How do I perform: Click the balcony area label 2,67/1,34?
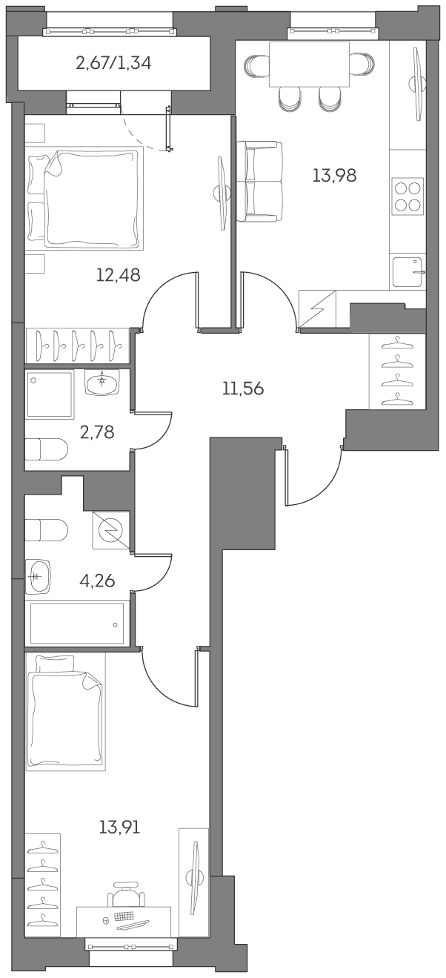[x=113, y=63]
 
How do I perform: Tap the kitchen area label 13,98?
[x=334, y=176]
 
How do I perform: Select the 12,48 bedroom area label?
[x=118, y=275]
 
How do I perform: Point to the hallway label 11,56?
[x=243, y=388]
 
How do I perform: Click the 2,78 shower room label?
[x=97, y=432]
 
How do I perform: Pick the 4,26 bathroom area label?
[x=97, y=580]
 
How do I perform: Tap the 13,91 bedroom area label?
[x=119, y=826]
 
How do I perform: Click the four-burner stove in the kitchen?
[x=407, y=196]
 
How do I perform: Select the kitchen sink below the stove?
[x=407, y=271]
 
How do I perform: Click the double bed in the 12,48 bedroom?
[x=85, y=198]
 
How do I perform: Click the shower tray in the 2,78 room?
[x=50, y=394]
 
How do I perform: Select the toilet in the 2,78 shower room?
[x=46, y=449]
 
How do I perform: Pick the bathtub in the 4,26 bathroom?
[x=76, y=624]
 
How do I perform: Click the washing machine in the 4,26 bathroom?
[x=111, y=529]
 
